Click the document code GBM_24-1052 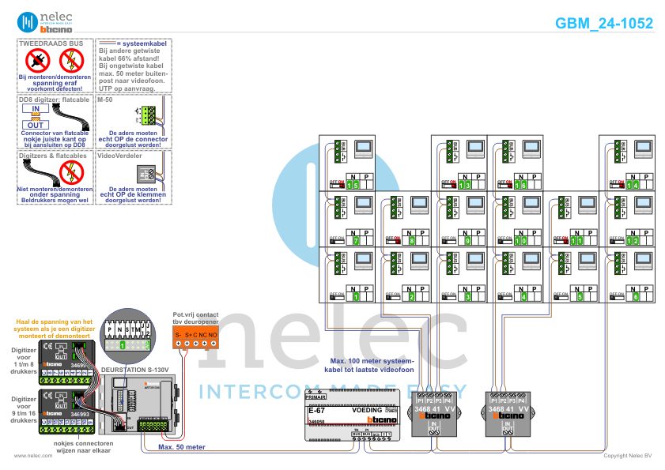point(604,23)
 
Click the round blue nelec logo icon point(27,22)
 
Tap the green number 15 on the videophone point(353,184)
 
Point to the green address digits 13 point(465,184)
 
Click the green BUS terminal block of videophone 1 point(340,261)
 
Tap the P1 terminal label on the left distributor point(419,401)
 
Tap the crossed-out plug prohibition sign point(36,59)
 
